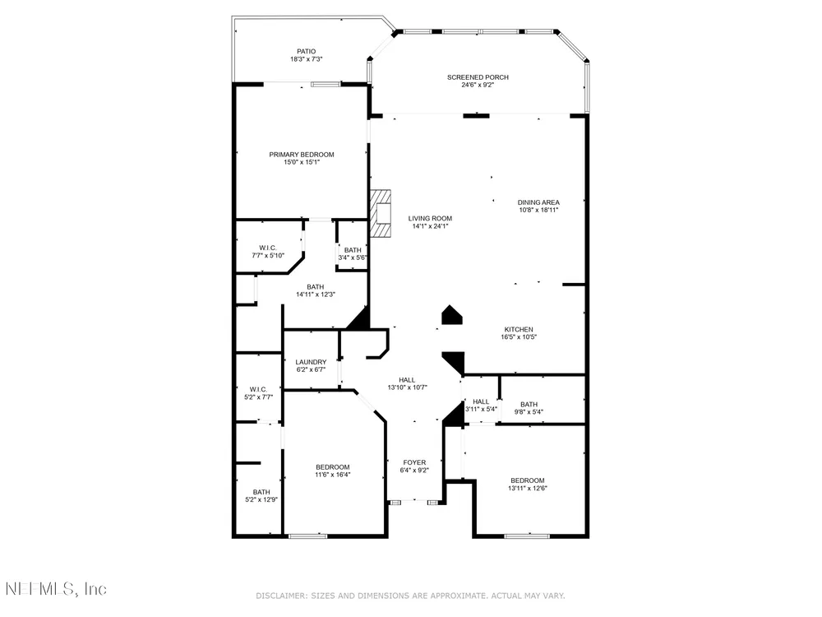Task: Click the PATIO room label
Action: coord(306,51)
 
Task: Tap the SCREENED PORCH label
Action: coord(478,77)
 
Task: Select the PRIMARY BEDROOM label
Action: coord(302,155)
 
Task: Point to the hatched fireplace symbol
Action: coord(381,213)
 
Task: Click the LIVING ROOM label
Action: coord(430,218)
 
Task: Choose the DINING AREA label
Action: coord(538,202)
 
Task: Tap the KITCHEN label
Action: coord(519,330)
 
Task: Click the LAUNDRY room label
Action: coord(311,362)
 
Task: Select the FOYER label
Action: coord(414,462)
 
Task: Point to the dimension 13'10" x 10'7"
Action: coord(408,387)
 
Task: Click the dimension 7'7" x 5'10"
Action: coord(268,256)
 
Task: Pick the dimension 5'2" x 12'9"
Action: coord(261,499)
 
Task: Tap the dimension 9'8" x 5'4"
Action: coord(529,412)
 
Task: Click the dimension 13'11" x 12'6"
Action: coord(528,488)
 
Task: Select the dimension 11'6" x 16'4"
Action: coord(332,475)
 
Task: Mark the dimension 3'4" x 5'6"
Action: coord(353,257)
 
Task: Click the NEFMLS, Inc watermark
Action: coord(56,589)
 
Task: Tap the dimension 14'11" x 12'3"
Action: coord(316,295)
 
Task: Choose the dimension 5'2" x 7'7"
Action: coord(258,397)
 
